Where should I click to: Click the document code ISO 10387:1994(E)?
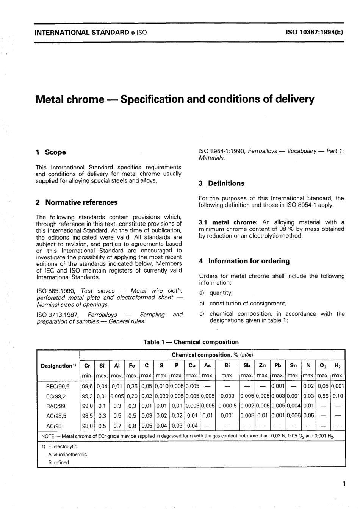click(x=315, y=33)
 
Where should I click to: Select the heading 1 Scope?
click(x=51, y=152)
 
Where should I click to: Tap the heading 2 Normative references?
click(x=77, y=202)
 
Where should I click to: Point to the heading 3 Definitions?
click(x=222, y=183)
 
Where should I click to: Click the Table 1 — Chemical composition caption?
click(x=191, y=342)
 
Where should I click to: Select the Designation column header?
click(x=58, y=366)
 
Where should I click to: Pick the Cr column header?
click(x=87, y=366)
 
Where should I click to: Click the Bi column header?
click(x=227, y=366)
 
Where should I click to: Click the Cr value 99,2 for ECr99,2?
click(x=87, y=396)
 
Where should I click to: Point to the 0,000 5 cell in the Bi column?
click(x=227, y=406)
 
